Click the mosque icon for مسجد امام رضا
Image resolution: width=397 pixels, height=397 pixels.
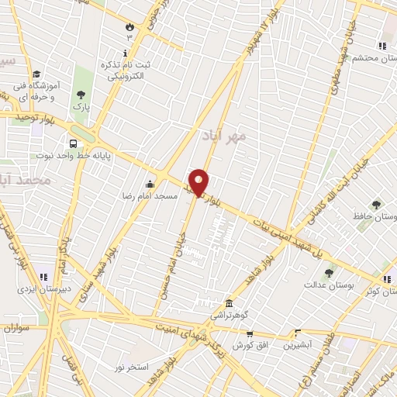pos(150,184)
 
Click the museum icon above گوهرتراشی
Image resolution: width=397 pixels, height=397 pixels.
pos(229,304)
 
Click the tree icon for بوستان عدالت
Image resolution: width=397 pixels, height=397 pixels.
pos(330,273)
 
